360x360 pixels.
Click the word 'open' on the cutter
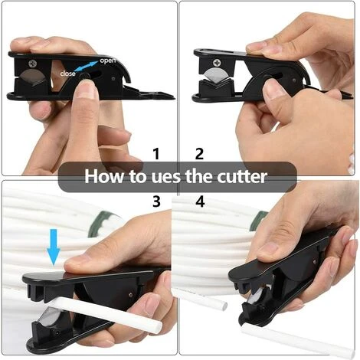coord(108,61)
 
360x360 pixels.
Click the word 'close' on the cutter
coord(67,74)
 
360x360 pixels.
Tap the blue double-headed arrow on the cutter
coord(87,66)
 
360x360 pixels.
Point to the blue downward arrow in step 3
coord(54,247)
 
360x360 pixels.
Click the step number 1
coord(156,154)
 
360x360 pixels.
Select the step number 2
coord(199,154)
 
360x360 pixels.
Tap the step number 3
coord(156,201)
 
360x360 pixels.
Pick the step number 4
coord(200,201)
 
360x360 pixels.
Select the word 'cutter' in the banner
coord(242,177)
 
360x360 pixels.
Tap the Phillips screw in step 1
coord(32,64)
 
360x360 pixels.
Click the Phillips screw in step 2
coord(218,63)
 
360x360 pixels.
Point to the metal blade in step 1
coord(32,77)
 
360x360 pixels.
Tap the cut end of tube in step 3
coord(158,326)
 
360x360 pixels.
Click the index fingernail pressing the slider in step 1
coord(86,88)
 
